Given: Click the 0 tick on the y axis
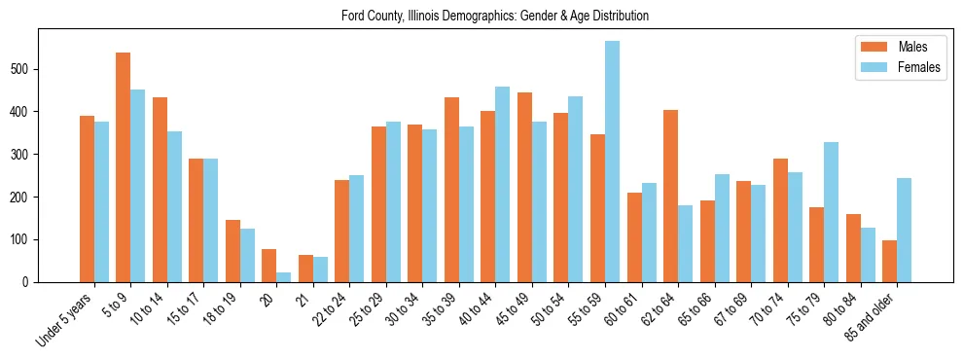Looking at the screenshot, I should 29,282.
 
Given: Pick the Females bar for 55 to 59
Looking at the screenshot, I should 612,162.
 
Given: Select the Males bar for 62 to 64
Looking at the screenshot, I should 670,196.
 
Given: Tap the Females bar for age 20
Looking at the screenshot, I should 284,277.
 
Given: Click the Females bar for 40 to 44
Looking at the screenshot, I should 503,184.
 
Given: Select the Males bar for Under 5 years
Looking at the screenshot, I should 87,198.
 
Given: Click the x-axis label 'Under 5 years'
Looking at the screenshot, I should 65,320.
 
